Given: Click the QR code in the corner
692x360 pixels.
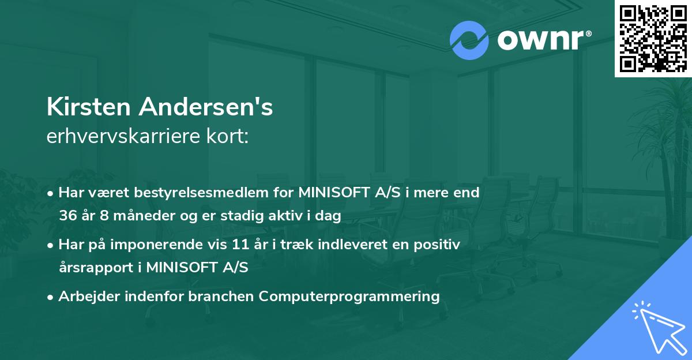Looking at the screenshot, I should pyautogui.click(x=653, y=39).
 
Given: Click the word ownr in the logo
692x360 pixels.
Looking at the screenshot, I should pyautogui.click(x=540, y=40).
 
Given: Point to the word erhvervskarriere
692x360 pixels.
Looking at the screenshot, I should pyautogui.click(x=124, y=136).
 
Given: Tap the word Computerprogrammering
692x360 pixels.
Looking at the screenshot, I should pyautogui.click(x=349, y=297).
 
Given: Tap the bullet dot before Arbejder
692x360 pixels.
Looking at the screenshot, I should pyautogui.click(x=51, y=297).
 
